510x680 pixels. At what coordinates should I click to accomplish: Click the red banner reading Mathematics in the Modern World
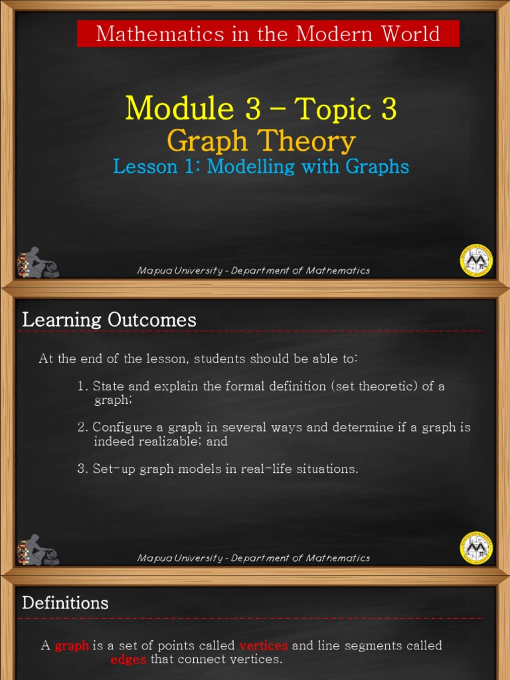(268, 34)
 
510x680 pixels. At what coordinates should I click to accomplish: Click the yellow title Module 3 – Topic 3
(261, 108)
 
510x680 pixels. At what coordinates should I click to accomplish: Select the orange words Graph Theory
(261, 141)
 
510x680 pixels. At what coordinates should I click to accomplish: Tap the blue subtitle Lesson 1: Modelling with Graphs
(261, 166)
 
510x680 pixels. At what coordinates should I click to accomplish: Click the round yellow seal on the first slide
(476, 260)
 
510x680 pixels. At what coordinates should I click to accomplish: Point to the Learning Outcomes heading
(110, 320)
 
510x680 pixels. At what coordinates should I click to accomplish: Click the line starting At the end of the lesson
(198, 359)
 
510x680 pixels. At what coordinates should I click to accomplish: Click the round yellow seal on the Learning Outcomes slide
(476, 548)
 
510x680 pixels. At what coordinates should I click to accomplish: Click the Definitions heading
(65, 603)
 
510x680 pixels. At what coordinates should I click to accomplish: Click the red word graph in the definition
(72, 645)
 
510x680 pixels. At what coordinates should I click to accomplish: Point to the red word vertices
(264, 645)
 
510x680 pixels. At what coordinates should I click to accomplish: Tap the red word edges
(129, 659)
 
